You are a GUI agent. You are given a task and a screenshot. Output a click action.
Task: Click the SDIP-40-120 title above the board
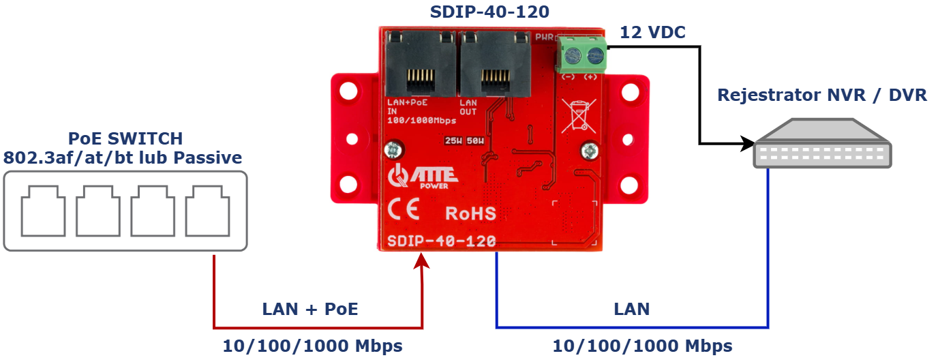pyautogui.click(x=490, y=12)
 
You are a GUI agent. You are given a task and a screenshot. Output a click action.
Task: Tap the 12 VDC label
pyautogui.click(x=652, y=32)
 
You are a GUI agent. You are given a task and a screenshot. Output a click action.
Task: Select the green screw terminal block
pyautogui.click(x=581, y=55)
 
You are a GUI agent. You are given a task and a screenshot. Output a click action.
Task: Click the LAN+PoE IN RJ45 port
pyautogui.click(x=420, y=64)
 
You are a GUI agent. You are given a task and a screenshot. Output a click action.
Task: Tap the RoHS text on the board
pyautogui.click(x=470, y=213)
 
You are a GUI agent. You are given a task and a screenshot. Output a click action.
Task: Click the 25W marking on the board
pyautogui.click(x=453, y=141)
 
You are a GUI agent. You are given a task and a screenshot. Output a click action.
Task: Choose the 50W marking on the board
pyautogui.click(x=475, y=141)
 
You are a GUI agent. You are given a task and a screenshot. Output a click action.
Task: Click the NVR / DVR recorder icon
pyautogui.click(x=822, y=144)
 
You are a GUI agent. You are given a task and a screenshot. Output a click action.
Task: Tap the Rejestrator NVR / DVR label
pyautogui.click(x=822, y=95)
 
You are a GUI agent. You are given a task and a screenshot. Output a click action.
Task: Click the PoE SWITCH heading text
pyautogui.click(x=125, y=138)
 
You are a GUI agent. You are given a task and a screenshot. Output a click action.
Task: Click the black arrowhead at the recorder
pyautogui.click(x=747, y=144)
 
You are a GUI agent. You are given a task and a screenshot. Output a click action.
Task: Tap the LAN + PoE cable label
pyautogui.click(x=310, y=309)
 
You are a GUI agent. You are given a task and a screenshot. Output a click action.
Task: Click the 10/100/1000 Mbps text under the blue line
pyautogui.click(x=642, y=346)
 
